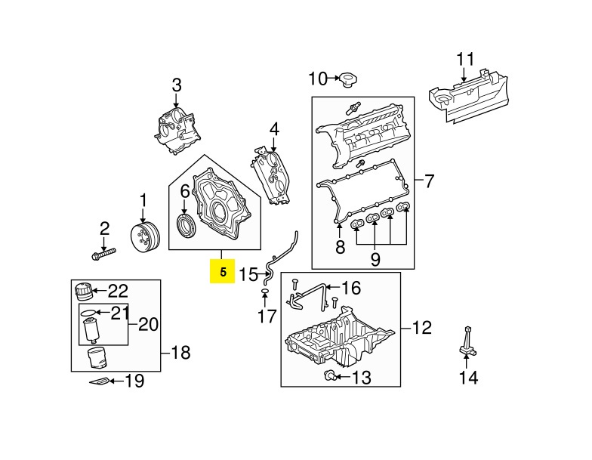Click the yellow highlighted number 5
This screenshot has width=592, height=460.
222,272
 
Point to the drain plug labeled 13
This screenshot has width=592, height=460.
330,375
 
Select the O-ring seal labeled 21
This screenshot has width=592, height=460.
88,310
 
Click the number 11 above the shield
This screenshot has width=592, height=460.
466,58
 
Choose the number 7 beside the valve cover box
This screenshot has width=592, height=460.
428,181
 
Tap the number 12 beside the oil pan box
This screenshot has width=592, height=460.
421,328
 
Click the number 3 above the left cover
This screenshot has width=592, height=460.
177,85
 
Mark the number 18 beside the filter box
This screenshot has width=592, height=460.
180,352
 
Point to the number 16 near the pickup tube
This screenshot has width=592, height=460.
352,288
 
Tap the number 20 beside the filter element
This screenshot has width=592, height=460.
148,325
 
